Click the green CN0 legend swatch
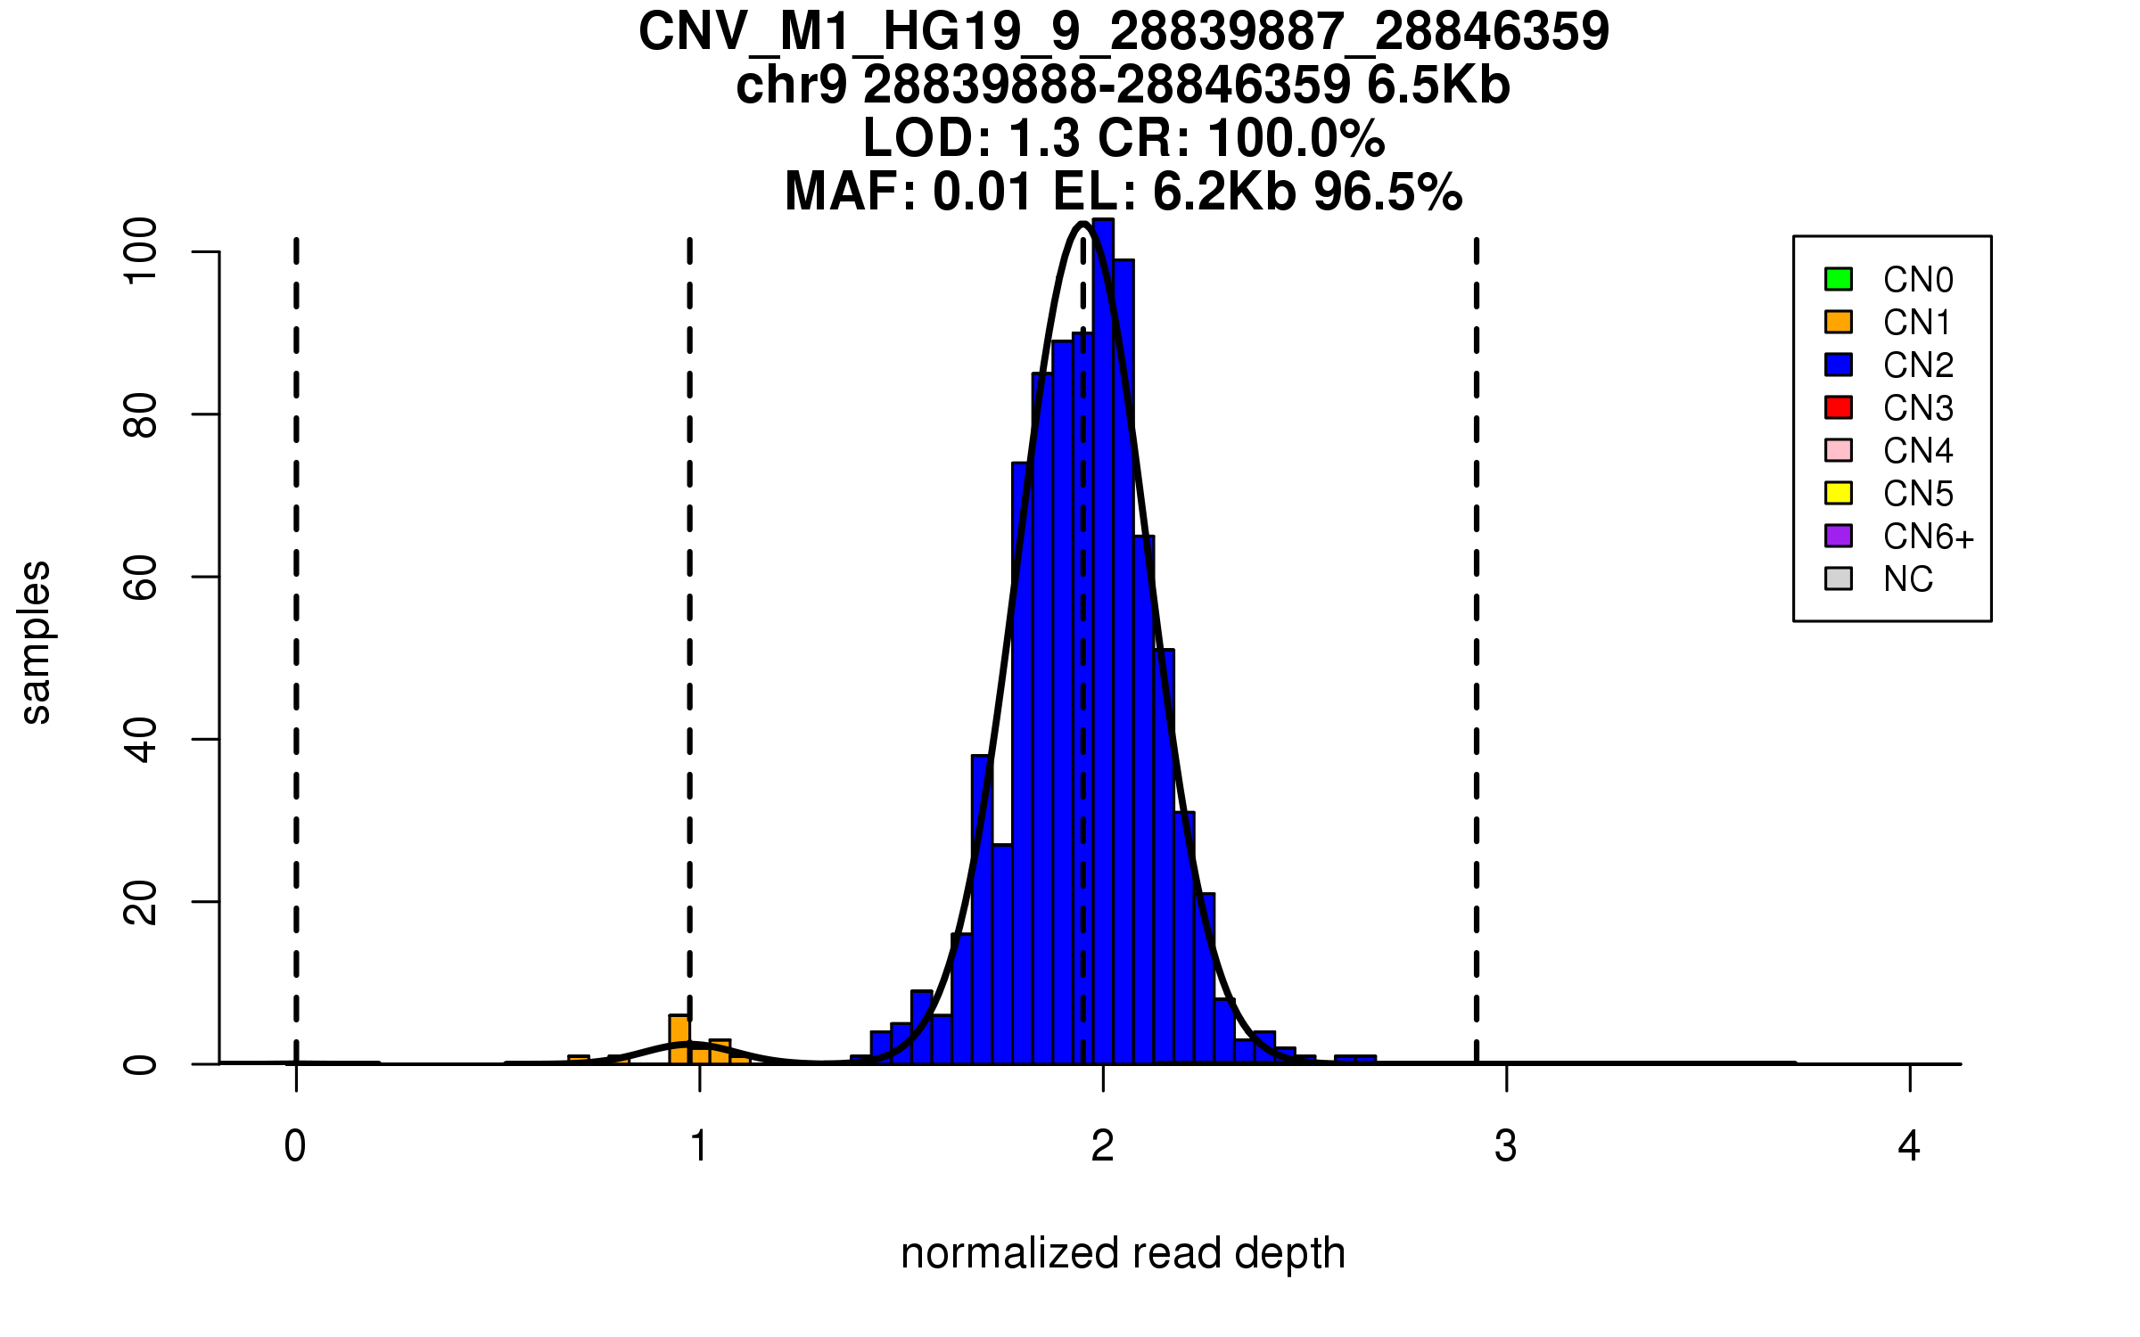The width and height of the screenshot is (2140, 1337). pos(1839,279)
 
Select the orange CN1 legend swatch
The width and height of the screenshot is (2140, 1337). pos(1839,322)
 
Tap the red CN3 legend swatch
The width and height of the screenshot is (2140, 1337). pos(1839,407)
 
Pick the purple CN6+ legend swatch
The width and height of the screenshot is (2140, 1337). pos(1839,536)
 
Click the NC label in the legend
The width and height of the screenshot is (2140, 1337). pos(1908,579)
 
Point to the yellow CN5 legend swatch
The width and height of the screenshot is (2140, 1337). pos(1839,493)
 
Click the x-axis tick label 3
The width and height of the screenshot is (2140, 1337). pos(1506,1146)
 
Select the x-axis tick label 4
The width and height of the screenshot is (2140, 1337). pos(1909,1146)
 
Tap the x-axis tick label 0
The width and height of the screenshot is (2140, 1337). pos(295,1146)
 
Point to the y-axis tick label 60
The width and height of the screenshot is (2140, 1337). pos(140,577)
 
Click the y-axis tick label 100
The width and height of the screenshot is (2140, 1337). pos(140,251)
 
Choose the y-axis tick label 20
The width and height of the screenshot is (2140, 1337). pos(140,901)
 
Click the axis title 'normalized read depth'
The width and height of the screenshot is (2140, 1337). pos(1123,1253)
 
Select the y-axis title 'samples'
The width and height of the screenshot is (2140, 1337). pos(36,642)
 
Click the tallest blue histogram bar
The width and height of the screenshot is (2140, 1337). pos(1103,642)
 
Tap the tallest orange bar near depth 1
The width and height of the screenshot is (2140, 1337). pos(679,1039)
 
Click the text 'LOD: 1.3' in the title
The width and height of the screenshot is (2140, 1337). pos(972,139)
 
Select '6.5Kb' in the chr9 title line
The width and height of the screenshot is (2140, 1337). pos(1438,86)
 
